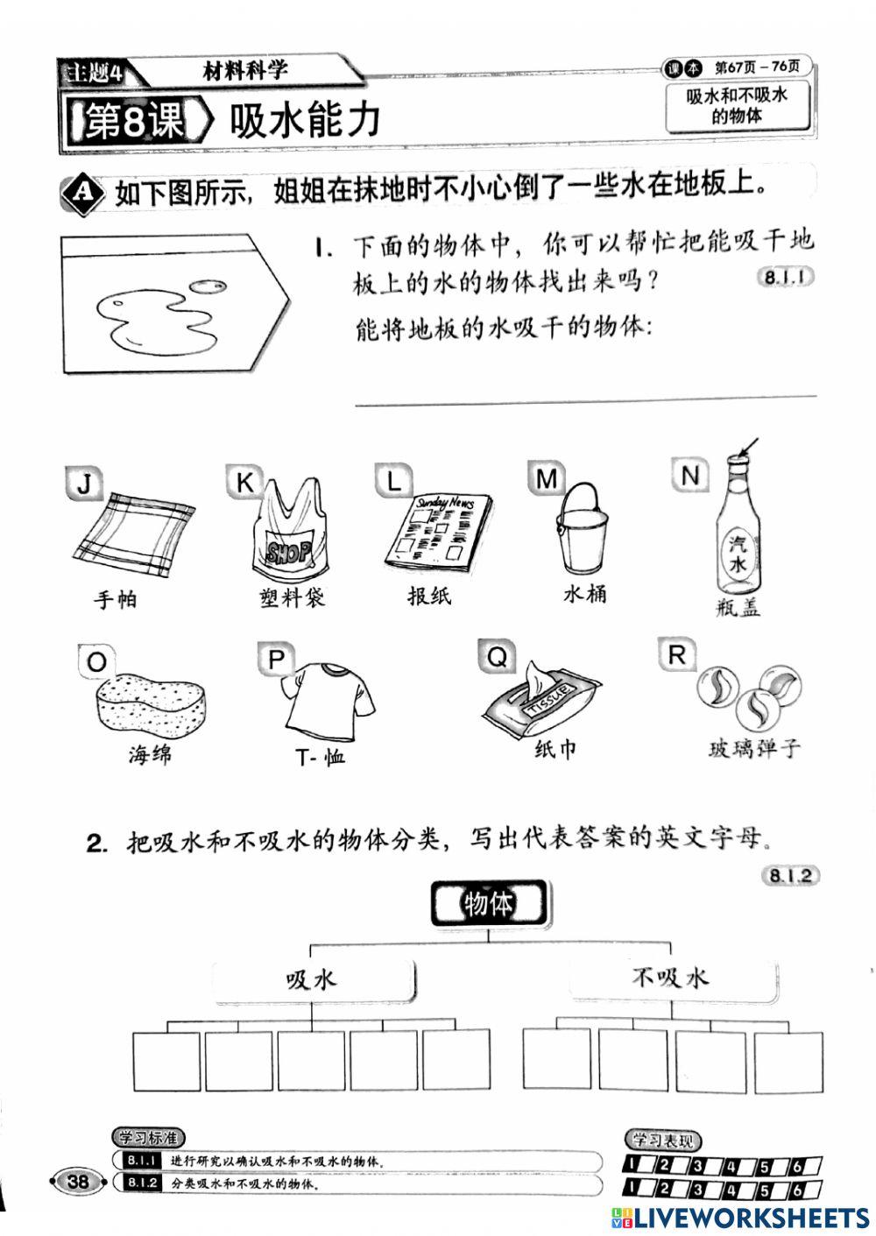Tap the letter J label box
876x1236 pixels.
point(83,483)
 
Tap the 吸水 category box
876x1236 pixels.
point(312,979)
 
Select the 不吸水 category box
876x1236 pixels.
point(670,977)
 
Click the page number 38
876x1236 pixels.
point(78,1181)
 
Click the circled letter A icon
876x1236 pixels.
point(81,192)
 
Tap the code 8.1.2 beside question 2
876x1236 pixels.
point(791,875)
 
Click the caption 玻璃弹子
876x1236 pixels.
point(754,749)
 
